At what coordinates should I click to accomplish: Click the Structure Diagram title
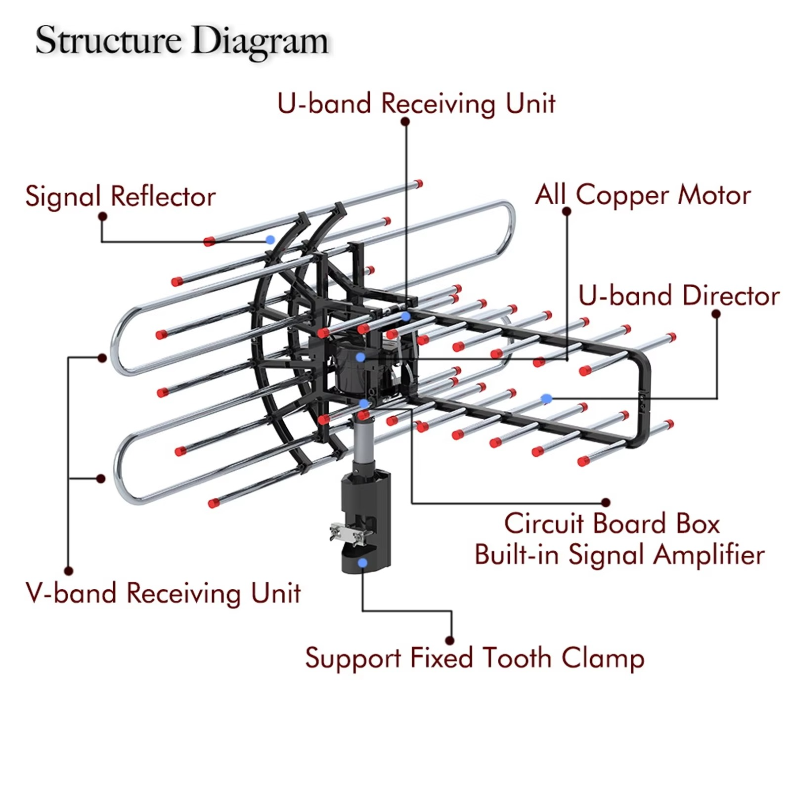[181, 41]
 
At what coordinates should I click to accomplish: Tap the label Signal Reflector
[120, 196]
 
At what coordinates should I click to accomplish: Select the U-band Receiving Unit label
[416, 104]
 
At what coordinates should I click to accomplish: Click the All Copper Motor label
[643, 195]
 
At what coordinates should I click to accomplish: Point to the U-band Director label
[678, 296]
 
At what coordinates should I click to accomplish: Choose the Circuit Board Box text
[612, 524]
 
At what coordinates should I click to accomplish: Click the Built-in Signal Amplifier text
[619, 555]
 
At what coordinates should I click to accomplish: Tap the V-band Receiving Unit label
[163, 593]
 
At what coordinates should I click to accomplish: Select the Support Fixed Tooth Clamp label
[475, 658]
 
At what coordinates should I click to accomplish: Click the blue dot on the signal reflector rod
[270, 240]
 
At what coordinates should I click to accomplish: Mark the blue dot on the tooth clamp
[363, 563]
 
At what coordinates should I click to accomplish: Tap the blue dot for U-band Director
[546, 398]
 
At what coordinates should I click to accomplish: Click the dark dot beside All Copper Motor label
[567, 212]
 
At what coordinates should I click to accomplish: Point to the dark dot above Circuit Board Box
[606, 503]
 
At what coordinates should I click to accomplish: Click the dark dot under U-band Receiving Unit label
[405, 122]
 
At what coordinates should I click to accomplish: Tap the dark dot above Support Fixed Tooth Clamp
[450, 641]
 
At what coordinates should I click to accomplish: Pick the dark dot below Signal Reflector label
[103, 217]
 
